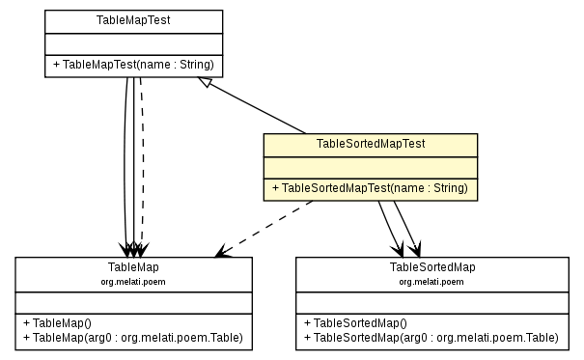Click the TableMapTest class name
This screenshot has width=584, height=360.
click(134, 19)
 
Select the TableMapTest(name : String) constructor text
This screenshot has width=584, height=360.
click(134, 66)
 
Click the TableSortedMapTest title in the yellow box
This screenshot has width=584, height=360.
click(371, 143)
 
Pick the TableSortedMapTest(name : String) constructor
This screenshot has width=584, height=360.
click(371, 188)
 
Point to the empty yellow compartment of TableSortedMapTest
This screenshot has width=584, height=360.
click(371, 166)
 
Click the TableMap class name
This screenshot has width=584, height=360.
click(134, 266)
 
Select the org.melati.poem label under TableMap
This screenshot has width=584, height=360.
click(134, 281)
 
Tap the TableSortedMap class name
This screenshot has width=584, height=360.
click(432, 266)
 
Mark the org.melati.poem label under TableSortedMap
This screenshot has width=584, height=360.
click(432, 281)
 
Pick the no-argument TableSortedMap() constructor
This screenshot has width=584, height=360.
click(355, 322)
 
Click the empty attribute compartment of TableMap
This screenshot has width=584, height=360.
click(134, 301)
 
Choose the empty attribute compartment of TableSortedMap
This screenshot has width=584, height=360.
click(432, 301)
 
